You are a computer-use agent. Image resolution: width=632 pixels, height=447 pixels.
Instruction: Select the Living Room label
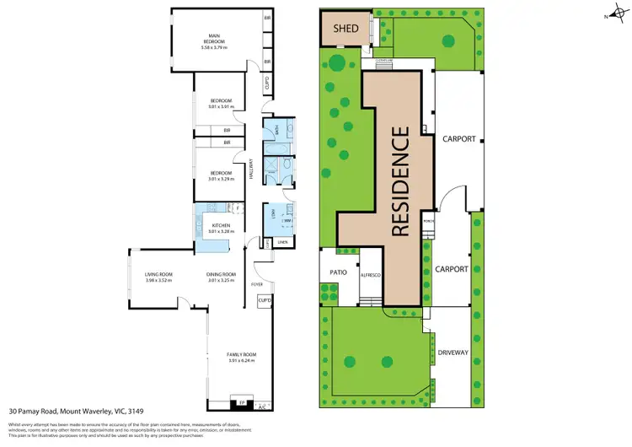(158, 275)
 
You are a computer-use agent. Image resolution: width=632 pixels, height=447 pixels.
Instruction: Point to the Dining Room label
(221, 275)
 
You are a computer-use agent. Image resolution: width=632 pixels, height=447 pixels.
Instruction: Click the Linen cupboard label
(282, 243)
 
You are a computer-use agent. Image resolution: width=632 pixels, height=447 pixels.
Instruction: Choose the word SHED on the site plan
(346, 29)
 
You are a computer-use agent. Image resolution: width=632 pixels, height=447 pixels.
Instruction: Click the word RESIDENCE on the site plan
(402, 180)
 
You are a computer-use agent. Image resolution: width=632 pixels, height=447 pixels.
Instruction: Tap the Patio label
(338, 272)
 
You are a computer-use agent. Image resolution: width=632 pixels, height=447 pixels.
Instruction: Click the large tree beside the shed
(337, 61)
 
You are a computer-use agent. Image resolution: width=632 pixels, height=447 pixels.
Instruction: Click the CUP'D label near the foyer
(263, 301)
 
